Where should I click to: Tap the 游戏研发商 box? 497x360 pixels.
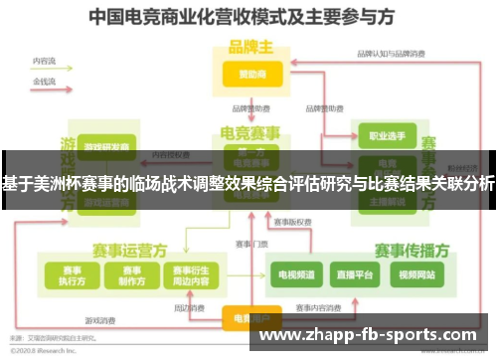105,147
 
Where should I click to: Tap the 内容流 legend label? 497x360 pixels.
44,61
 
